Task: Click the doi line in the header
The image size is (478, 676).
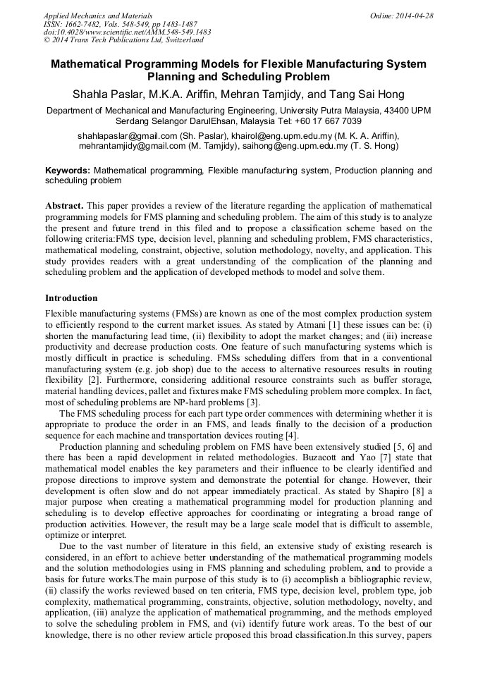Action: (127, 32)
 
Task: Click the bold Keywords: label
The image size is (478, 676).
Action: (68, 171)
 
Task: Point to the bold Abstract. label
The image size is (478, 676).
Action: (64, 205)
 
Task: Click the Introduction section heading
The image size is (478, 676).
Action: (71, 298)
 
